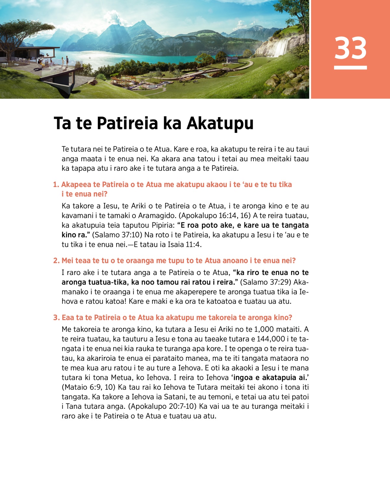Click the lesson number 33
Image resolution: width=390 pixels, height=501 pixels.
pyautogui.click(x=350, y=48)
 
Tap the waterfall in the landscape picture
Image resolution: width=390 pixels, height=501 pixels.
pyautogui.click(x=281, y=47)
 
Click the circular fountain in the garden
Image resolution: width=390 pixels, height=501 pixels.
pyautogui.click(x=152, y=86)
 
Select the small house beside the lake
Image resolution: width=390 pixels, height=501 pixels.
pyautogui.click(x=232, y=59)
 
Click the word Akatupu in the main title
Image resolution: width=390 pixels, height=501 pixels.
pyautogui.click(x=220, y=123)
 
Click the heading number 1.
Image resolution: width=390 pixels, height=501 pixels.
pyautogui.click(x=56, y=185)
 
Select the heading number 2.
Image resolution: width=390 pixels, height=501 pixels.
pyautogui.click(x=56, y=261)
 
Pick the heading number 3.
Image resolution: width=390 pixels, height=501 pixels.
pyautogui.click(x=56, y=318)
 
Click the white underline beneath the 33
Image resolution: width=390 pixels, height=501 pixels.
pyautogui.click(x=350, y=68)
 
